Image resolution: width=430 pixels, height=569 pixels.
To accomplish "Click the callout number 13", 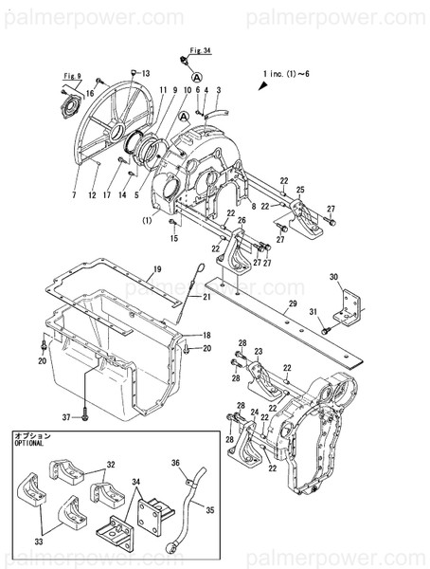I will coord(146,73).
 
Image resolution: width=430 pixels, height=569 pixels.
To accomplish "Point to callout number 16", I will coord(90,93).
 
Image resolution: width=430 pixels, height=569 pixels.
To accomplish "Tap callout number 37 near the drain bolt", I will coord(66,416).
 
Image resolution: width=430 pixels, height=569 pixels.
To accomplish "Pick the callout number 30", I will coord(333,277).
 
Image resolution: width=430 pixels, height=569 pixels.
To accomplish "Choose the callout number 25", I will coord(300,191).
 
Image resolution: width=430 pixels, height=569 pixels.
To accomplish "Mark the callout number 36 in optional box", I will coord(175,464).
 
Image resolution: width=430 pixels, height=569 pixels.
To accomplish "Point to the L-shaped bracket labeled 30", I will coord(349,303).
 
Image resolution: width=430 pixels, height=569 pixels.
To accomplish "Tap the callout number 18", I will coord(206,336).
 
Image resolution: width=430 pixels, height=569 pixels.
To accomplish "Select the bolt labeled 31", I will coord(327,329).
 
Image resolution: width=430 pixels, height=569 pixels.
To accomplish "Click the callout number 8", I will coord(253,205).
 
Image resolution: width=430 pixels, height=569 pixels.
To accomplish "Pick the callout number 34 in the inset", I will coord(137,484).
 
